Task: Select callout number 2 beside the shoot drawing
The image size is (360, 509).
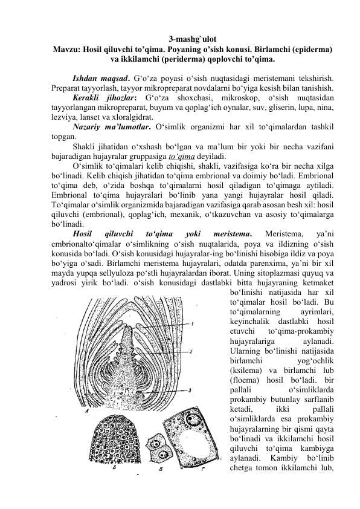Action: click(x=191, y=351)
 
